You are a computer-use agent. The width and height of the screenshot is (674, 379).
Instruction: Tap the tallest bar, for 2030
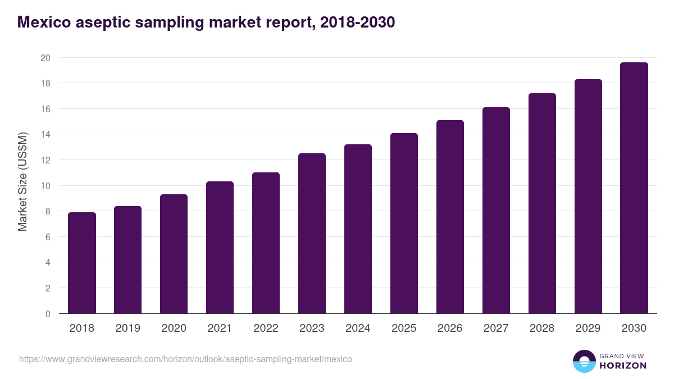(x=634, y=188)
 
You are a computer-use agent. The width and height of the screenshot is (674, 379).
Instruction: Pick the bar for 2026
(x=450, y=217)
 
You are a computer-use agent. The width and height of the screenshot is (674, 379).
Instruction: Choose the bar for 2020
(x=174, y=254)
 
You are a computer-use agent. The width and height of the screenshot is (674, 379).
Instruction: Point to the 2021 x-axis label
(x=220, y=328)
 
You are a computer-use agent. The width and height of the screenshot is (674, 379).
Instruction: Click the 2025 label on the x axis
(x=404, y=328)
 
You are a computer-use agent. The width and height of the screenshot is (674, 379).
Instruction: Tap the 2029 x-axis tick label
(x=588, y=328)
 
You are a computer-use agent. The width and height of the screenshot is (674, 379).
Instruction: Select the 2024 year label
(x=358, y=328)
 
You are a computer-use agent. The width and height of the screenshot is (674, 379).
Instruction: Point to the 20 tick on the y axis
(x=45, y=58)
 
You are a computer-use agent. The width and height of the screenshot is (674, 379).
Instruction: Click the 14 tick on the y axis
(x=45, y=135)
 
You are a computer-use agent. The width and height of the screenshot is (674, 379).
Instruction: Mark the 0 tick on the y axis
(x=48, y=314)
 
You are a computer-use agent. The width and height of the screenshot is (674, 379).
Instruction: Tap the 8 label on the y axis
(x=48, y=212)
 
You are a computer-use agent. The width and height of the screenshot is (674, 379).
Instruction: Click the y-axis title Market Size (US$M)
(x=22, y=181)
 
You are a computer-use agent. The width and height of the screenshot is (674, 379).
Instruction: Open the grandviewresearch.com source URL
(x=185, y=359)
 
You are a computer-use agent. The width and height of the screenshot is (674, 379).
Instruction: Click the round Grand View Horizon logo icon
(x=584, y=361)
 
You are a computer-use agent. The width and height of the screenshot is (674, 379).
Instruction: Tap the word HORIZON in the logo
(x=623, y=366)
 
